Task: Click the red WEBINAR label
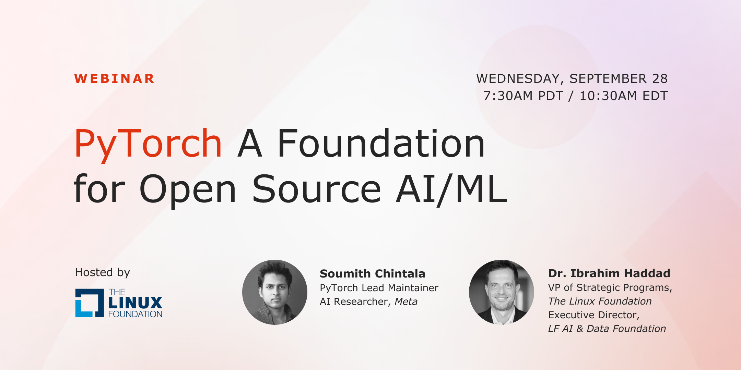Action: [114, 79]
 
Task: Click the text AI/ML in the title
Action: [451, 189]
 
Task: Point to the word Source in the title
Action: [317, 189]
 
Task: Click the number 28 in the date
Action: [660, 79]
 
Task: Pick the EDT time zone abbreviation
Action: [655, 96]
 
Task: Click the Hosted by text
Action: [103, 272]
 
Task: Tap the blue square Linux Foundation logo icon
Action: [90, 303]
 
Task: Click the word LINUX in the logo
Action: [135, 303]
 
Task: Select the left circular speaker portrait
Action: [275, 292]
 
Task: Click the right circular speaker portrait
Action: [502, 292]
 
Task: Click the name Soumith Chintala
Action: [372, 274]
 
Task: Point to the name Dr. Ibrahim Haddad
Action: [609, 273]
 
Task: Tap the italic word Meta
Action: [406, 301]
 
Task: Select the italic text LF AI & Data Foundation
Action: [607, 329]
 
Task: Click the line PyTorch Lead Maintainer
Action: [379, 288]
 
